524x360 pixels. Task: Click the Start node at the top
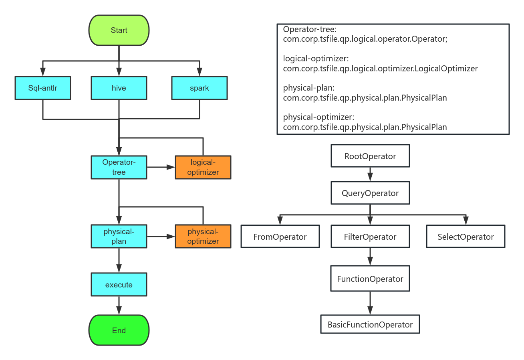tap(119, 30)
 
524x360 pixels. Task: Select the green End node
tap(119, 330)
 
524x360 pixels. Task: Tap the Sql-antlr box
tap(43, 88)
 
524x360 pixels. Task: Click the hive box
tap(119, 88)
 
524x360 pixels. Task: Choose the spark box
tap(200, 88)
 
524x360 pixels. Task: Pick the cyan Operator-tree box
tap(119, 167)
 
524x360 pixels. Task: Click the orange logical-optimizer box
tap(203, 167)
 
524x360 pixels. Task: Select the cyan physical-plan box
tap(119, 236)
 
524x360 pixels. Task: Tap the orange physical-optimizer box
tap(203, 236)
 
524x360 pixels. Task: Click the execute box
tap(119, 285)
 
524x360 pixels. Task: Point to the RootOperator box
tap(370, 156)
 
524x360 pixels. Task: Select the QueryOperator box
tap(370, 193)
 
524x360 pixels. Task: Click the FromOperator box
tap(280, 237)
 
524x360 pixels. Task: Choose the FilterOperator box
tap(370, 237)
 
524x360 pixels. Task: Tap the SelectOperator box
tap(466, 237)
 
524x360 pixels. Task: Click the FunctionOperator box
tap(370, 279)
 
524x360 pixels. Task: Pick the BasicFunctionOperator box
tap(370, 324)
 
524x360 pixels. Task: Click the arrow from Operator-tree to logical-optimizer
tap(161, 167)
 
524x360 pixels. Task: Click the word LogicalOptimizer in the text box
tap(446, 69)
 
